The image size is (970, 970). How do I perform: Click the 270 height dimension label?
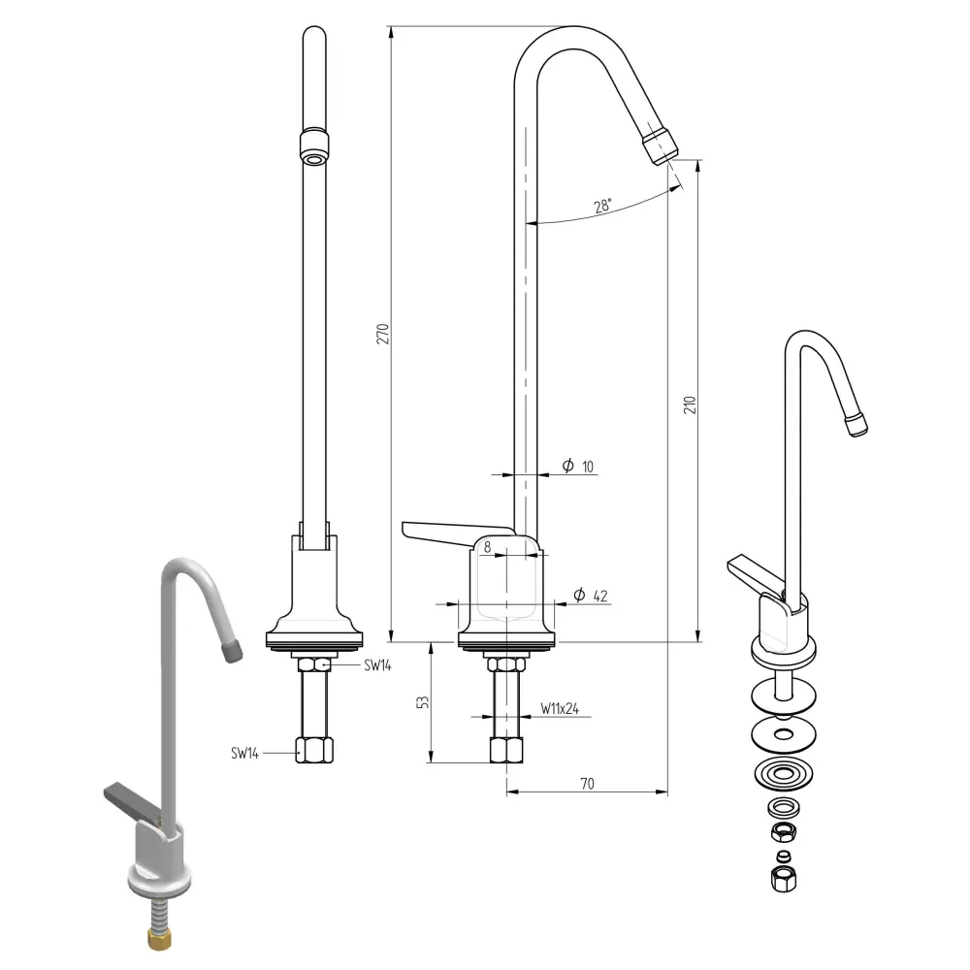[383, 334]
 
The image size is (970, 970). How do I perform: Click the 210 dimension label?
[690, 405]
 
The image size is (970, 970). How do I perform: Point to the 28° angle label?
[602, 206]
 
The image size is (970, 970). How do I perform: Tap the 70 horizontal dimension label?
[587, 784]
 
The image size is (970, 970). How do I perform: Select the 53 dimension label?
[423, 702]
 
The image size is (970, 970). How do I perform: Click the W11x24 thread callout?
[560, 708]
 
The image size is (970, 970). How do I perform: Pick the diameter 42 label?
[591, 596]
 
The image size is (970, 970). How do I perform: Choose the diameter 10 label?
[578, 466]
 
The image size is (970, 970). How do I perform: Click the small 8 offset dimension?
[488, 547]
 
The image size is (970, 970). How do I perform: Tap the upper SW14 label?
[377, 665]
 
